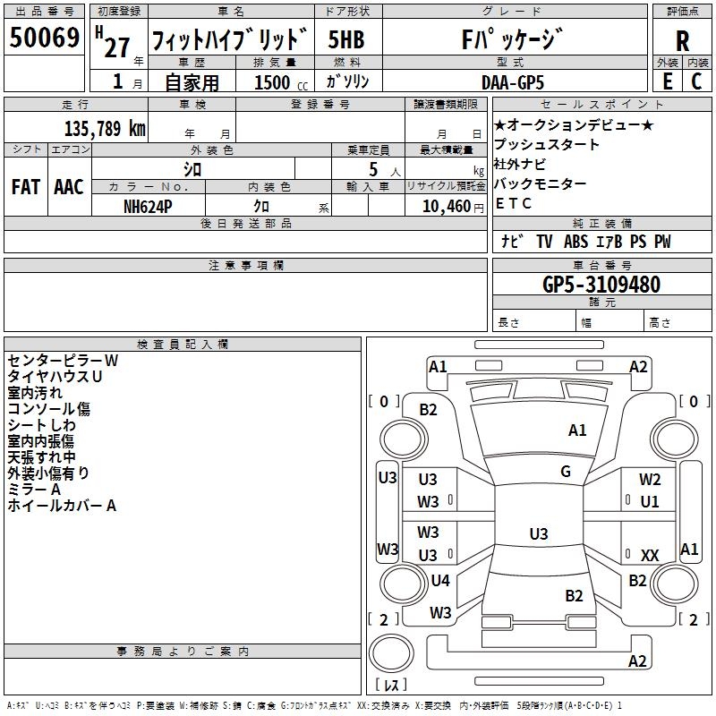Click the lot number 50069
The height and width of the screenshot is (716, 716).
[44, 38]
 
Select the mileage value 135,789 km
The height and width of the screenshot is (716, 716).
[105, 129]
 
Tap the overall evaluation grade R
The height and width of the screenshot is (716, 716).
[682, 41]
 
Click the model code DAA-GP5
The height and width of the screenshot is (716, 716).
[513, 82]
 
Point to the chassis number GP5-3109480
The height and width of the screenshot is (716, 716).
[601, 285]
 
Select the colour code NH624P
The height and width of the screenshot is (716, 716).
[148, 207]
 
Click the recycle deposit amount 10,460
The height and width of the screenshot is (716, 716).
[447, 207]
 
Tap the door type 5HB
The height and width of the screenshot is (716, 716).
[346, 39]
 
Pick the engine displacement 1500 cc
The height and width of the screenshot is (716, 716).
[281, 82]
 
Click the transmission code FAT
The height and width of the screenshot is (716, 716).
[26, 187]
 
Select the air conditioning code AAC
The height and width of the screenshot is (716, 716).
[69, 187]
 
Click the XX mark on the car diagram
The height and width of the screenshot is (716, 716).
[650, 555]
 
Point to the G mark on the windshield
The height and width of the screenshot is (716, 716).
[566, 472]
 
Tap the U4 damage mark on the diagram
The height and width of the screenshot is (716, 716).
[440, 580]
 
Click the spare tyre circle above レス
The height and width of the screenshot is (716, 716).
[391, 653]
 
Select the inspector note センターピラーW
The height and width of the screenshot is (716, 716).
[63, 361]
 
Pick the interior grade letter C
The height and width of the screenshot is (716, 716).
[696, 81]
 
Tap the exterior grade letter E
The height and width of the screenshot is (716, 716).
[668, 81]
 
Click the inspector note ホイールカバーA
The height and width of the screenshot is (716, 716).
[62, 506]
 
